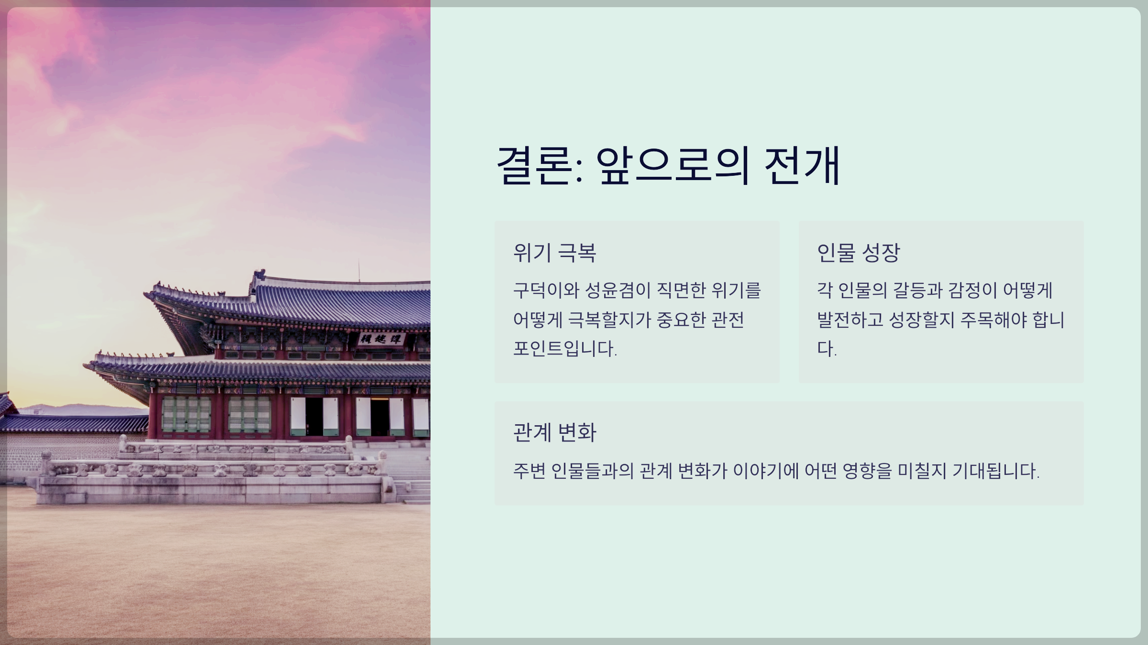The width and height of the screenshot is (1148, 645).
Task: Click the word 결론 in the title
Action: (x=535, y=165)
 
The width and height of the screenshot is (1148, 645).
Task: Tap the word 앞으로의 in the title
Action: (x=672, y=165)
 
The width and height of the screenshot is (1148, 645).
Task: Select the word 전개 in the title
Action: (x=802, y=165)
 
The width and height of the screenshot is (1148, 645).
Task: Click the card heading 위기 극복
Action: (x=554, y=253)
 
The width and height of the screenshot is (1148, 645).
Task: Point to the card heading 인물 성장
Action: (x=858, y=253)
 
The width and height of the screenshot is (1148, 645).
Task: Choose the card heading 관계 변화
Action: (x=554, y=432)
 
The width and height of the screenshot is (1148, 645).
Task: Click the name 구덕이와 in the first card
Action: (x=546, y=290)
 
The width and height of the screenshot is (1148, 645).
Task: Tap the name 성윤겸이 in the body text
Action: (x=618, y=290)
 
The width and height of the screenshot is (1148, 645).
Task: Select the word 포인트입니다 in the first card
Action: (x=564, y=348)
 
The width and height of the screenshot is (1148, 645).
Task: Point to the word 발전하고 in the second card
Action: (x=850, y=320)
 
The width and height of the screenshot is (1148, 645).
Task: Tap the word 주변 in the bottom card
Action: (x=529, y=471)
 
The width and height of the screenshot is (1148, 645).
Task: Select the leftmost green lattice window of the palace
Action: (x=186, y=414)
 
